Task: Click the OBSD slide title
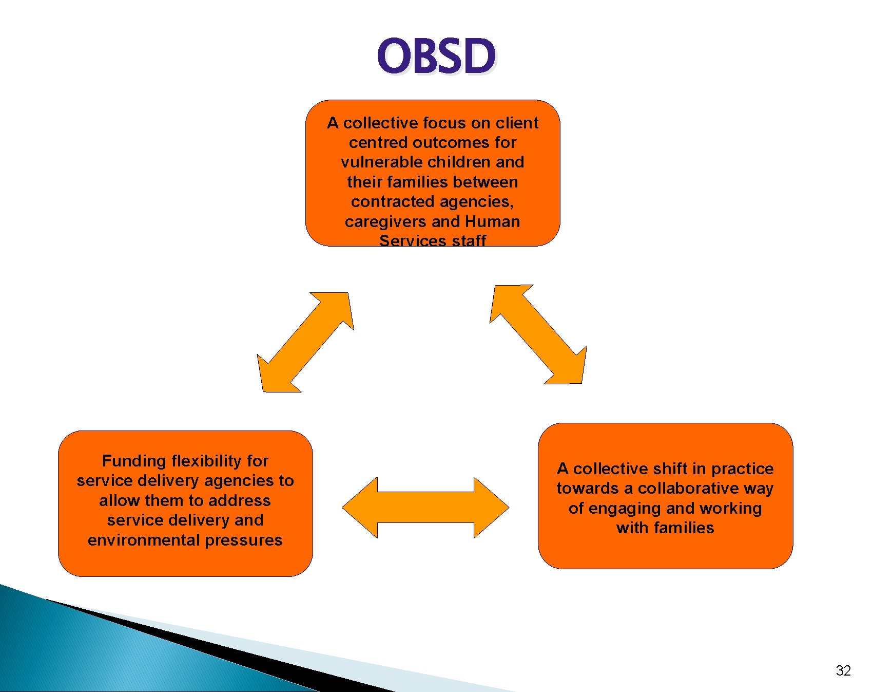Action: (x=436, y=56)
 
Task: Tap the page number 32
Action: (x=843, y=670)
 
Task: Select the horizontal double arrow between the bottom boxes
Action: (x=425, y=508)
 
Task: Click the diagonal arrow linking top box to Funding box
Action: (x=306, y=342)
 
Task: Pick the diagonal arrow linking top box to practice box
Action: (x=538, y=334)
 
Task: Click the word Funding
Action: (x=134, y=461)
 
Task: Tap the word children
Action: (x=452, y=162)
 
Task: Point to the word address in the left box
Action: (x=239, y=501)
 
